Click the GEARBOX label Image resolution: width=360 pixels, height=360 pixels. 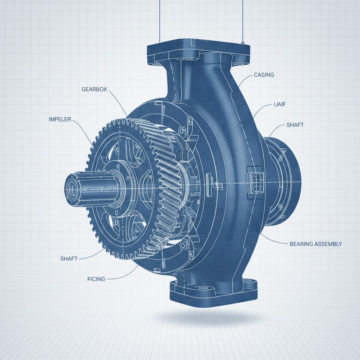tap(94, 89)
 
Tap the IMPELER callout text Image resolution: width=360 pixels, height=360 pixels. tap(60, 120)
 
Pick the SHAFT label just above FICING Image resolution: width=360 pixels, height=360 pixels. tap(69, 259)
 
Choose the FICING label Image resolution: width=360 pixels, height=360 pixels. tap(96, 279)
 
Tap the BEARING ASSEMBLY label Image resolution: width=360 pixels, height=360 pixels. tap(316, 244)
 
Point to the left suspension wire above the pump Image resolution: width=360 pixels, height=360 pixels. tap(160, 21)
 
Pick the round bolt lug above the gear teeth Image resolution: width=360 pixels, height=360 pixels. tap(182, 131)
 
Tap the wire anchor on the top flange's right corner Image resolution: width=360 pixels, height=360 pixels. tap(243, 43)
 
